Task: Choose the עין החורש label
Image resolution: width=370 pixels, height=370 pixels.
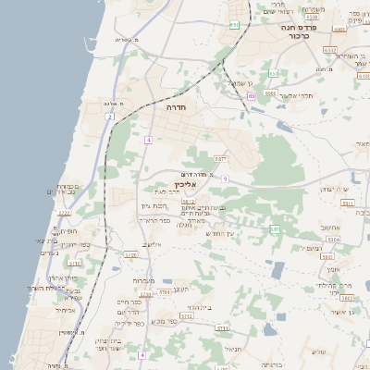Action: click(x=221, y=232)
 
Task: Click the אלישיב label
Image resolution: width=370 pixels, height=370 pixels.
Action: click(x=152, y=244)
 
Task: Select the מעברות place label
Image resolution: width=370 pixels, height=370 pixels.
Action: click(x=143, y=280)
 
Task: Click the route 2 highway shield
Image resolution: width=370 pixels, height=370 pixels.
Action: click(x=110, y=117)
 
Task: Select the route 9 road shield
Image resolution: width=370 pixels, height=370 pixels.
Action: click(x=225, y=179)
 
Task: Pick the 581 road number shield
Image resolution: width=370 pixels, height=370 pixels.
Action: click(x=275, y=228)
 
